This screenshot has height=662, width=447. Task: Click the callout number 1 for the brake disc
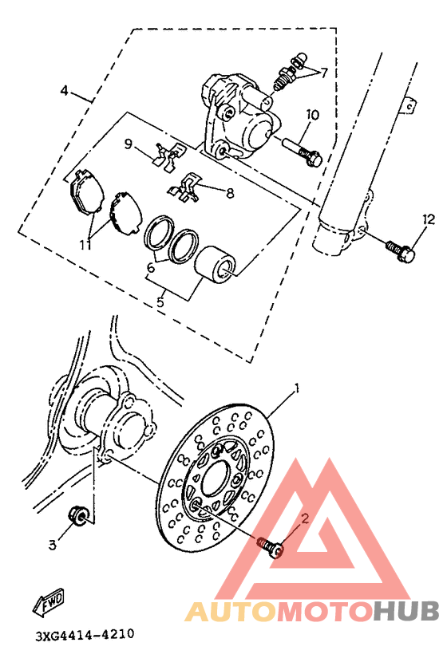(x=297, y=389)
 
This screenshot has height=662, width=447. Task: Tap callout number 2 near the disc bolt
(x=304, y=518)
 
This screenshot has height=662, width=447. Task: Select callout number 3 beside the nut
(x=53, y=545)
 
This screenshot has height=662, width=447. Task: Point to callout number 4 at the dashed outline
(x=65, y=90)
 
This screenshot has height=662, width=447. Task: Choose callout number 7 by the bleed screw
(x=324, y=72)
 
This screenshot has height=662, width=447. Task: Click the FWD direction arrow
(x=49, y=604)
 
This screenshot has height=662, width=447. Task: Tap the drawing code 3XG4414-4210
(x=84, y=636)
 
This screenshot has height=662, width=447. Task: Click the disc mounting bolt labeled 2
(x=270, y=546)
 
